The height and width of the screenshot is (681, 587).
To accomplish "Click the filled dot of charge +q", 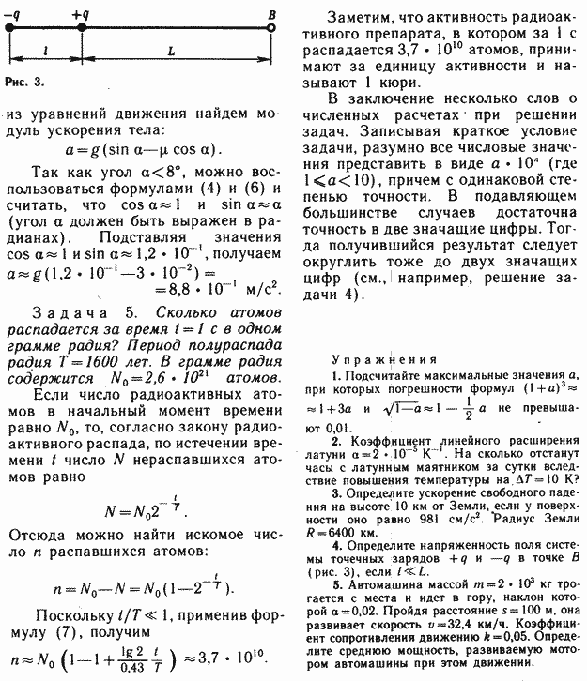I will point(82,28).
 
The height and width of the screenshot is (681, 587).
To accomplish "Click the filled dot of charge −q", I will point(8,28).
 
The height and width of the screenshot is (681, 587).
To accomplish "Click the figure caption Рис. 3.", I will point(23,82).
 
